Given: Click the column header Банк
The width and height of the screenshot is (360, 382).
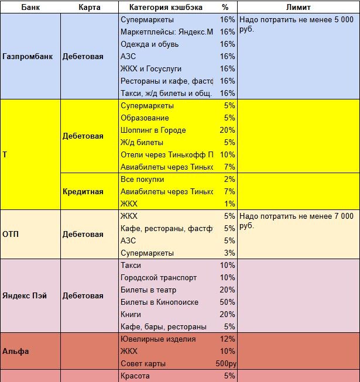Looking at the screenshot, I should coord(30,8).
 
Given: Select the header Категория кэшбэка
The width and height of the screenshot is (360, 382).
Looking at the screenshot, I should coord(161,8).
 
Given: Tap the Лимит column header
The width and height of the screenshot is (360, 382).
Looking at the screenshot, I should coord(299,8).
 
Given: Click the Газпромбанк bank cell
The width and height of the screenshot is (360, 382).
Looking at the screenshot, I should coord(28,57).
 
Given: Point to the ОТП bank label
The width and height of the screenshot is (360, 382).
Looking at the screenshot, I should coord(11,235).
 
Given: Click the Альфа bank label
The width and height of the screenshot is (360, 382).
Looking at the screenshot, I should coord(16,352).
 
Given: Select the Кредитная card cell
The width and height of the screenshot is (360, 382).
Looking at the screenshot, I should coord(83,191).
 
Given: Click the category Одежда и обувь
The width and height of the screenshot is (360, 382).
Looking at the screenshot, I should coord(149,44).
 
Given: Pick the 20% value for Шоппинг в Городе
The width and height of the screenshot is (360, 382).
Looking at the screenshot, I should coord(227,130).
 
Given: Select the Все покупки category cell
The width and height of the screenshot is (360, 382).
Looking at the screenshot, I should coord(142,180).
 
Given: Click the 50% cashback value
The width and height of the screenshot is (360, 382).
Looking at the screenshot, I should coord(227,302).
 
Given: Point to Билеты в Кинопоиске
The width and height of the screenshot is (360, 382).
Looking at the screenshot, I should coord(159,302).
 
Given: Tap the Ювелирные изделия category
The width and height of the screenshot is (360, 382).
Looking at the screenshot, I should coord(158,339).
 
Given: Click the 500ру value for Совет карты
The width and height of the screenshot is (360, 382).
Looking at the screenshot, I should coord(225,364).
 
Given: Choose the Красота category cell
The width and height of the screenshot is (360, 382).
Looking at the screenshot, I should coord(135,376).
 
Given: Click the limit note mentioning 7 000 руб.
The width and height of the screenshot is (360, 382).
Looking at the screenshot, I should coord(297,221).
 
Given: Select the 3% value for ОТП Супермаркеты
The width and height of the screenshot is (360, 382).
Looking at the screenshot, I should coord(229,253).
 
